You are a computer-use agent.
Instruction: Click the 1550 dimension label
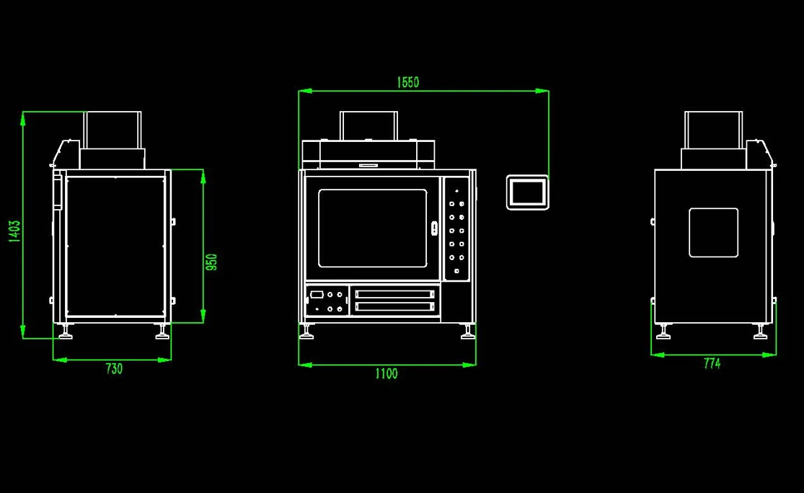pyautogui.click(x=407, y=82)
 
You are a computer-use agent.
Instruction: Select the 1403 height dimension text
pyautogui.click(x=14, y=231)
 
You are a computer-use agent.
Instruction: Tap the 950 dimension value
pyautogui.click(x=211, y=262)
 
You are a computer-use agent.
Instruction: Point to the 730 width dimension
pyautogui.click(x=114, y=368)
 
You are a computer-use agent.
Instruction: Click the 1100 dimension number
pyautogui.click(x=386, y=373)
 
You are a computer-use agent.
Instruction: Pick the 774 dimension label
pyautogui.click(x=712, y=363)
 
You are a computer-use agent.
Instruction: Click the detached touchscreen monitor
pyautogui.click(x=528, y=192)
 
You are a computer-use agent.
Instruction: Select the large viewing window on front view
pyautogui.click(x=373, y=228)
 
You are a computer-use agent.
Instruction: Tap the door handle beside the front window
pyautogui.click(x=434, y=228)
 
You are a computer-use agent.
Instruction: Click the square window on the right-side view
pyautogui.click(x=713, y=233)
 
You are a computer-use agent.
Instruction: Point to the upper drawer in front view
pyautogui.click(x=395, y=294)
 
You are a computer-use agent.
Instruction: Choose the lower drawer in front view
pyautogui.click(x=395, y=306)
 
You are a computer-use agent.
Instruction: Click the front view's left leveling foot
pyautogui.click(x=306, y=332)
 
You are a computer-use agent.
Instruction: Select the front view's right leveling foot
pyautogui.click(x=468, y=332)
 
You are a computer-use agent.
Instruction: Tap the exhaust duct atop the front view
pyautogui.click(x=368, y=125)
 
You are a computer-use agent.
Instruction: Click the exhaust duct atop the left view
pyautogui.click(x=112, y=130)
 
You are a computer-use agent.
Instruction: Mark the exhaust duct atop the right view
pyautogui.click(x=713, y=130)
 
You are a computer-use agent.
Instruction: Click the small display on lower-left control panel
pyautogui.click(x=317, y=295)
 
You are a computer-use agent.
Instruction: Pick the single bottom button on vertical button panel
pyautogui.click(x=456, y=271)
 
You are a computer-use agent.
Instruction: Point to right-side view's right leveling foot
pyautogui.click(x=760, y=332)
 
